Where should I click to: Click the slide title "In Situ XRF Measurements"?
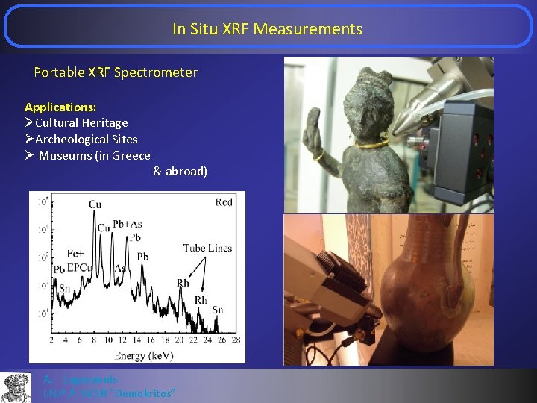pos(267,29)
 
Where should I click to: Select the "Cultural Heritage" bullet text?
pos(81,122)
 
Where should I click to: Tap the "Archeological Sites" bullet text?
pos(86,139)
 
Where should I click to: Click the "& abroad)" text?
pos(180,172)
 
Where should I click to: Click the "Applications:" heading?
pos(60,107)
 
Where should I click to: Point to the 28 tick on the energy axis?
pos(235,340)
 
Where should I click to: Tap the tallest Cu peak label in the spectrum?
pos(95,204)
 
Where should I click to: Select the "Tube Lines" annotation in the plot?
pos(207,248)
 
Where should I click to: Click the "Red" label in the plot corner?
pos(223,202)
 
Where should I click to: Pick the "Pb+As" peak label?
pos(127,225)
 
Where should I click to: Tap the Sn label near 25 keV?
pos(218,310)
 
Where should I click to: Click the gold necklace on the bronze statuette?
pos(372,143)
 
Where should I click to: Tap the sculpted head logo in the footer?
pos(16,387)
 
